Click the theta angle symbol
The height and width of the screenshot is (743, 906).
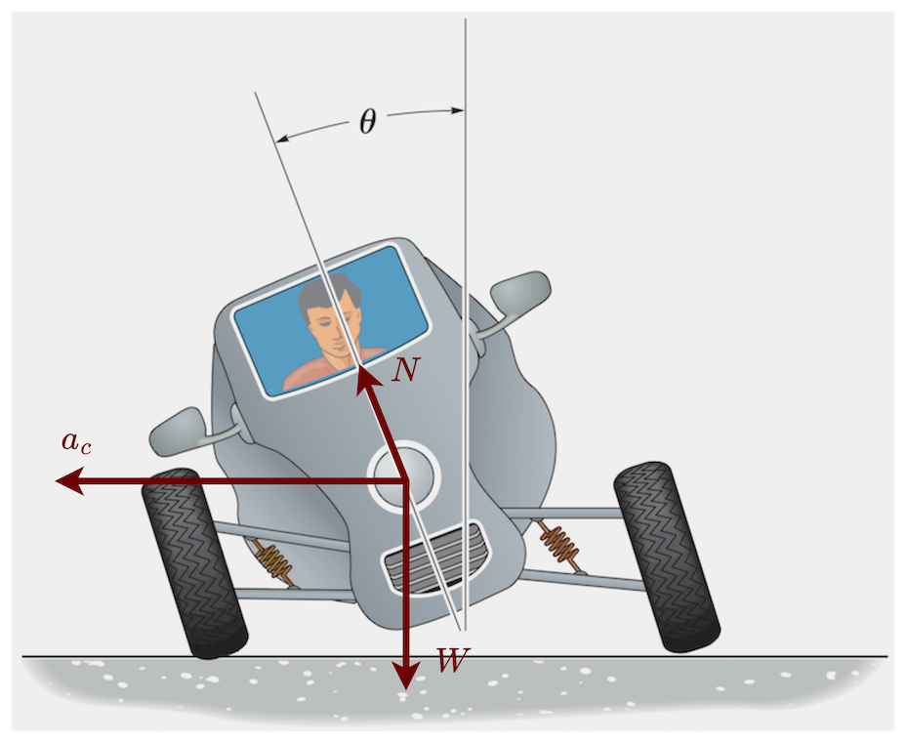pos(367,122)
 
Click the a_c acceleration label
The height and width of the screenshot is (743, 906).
pos(77,442)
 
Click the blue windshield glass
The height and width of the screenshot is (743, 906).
pos(391,293)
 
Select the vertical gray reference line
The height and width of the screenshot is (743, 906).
pos(466,195)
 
